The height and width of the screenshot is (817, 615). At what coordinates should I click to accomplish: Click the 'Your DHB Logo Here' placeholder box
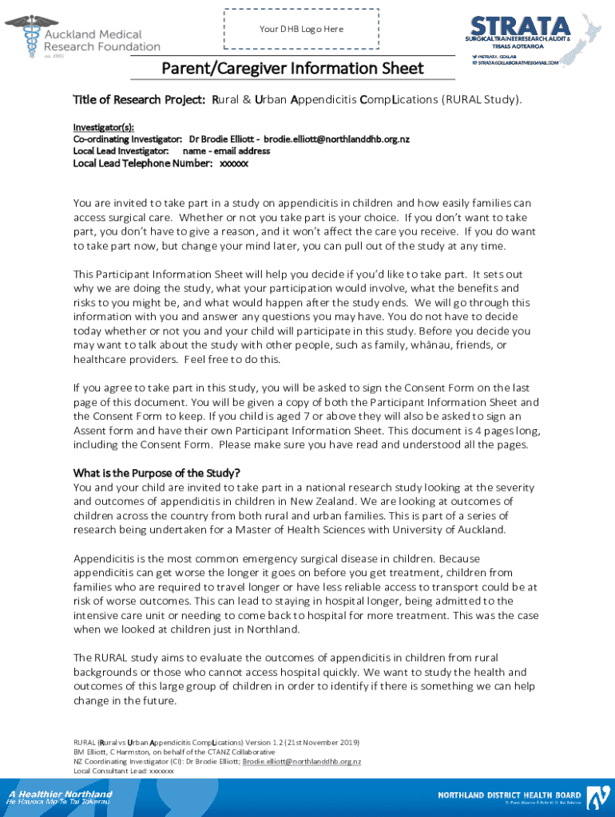click(301, 30)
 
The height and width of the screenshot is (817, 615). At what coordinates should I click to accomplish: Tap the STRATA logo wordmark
click(520, 26)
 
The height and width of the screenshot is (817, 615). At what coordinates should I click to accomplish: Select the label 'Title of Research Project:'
click(140, 100)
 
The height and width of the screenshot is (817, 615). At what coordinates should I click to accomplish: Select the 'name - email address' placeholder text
click(226, 151)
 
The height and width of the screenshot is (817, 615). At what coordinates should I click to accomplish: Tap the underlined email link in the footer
click(302, 761)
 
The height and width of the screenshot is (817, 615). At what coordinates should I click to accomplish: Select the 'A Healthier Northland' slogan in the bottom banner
click(61, 795)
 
